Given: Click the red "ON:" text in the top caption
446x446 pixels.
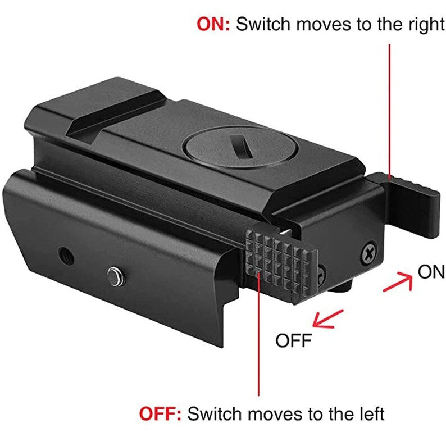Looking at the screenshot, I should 213,25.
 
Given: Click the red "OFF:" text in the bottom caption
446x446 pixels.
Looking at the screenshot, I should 160,414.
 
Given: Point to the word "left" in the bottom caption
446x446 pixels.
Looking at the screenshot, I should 369,414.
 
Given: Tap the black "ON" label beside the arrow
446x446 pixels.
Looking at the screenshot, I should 431,272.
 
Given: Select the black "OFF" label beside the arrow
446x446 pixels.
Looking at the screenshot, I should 293,340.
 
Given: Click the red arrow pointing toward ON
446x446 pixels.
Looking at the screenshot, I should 397,281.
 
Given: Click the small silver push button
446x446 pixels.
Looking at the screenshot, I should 114,276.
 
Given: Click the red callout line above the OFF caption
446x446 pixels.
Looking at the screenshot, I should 259,337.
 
